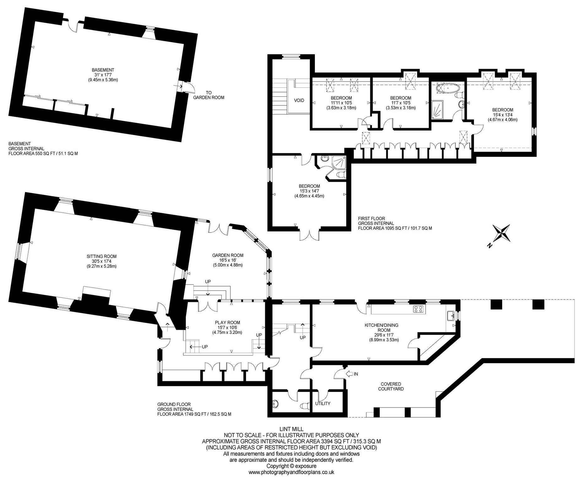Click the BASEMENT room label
(103, 70)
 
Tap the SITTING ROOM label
(102, 256)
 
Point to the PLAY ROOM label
(228, 323)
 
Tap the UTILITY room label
(323, 404)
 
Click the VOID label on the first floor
(299, 101)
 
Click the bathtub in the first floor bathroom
(445, 88)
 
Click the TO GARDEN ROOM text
(209, 95)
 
